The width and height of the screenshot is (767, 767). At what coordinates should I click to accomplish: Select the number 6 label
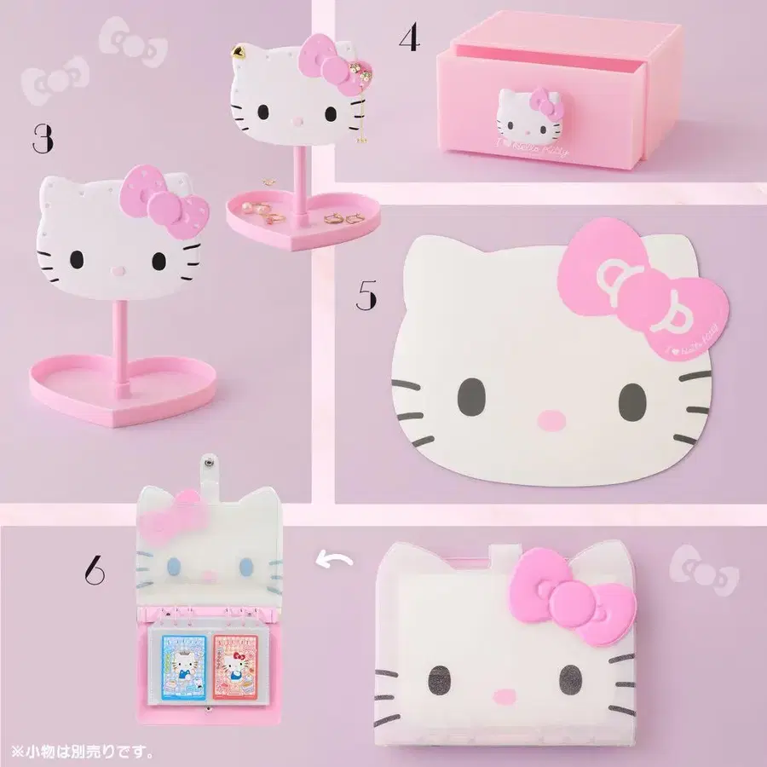pos(94,571)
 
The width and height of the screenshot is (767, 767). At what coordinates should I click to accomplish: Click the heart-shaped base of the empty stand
pos(119,394)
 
